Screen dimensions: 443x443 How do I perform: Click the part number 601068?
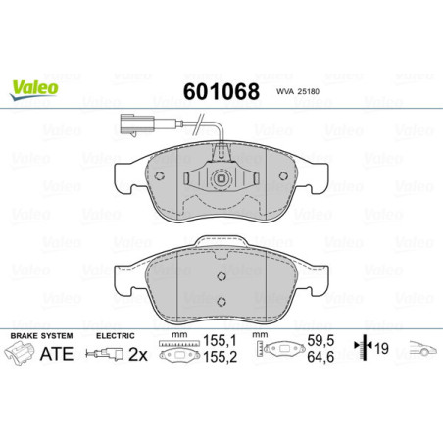pyautogui.click(x=221, y=93)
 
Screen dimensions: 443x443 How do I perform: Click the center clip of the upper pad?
pyautogui.click(x=221, y=179)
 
